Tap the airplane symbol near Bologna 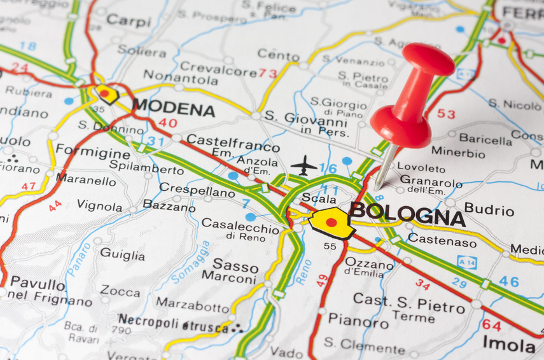304,165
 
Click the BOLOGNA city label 407,214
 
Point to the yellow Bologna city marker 331,223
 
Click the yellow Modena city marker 107,95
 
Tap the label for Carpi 129,20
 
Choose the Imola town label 508,344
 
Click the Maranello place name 86,180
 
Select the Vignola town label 99,205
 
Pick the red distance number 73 268,74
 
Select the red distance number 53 446,114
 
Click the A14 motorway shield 466,261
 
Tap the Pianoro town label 358,320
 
